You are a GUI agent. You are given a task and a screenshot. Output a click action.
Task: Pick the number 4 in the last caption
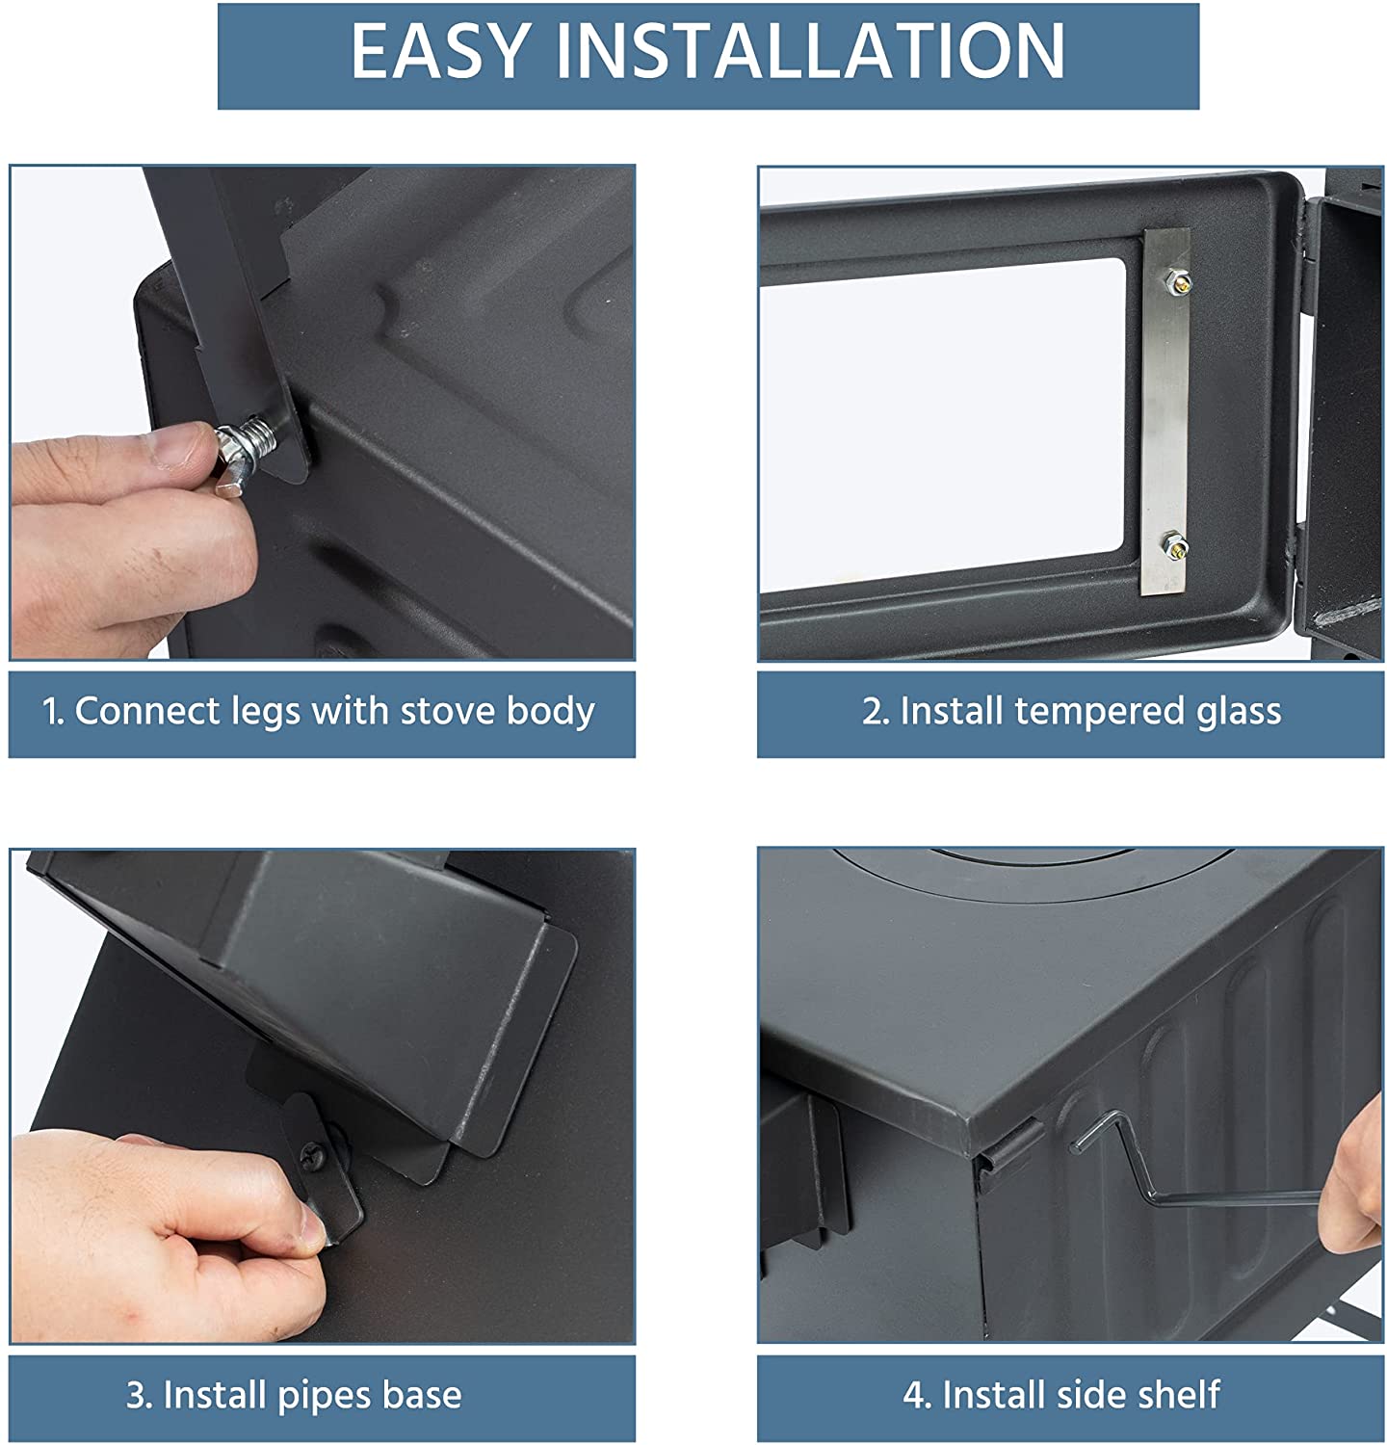(915, 1395)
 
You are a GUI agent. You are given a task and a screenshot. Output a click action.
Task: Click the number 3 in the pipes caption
(136, 1395)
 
